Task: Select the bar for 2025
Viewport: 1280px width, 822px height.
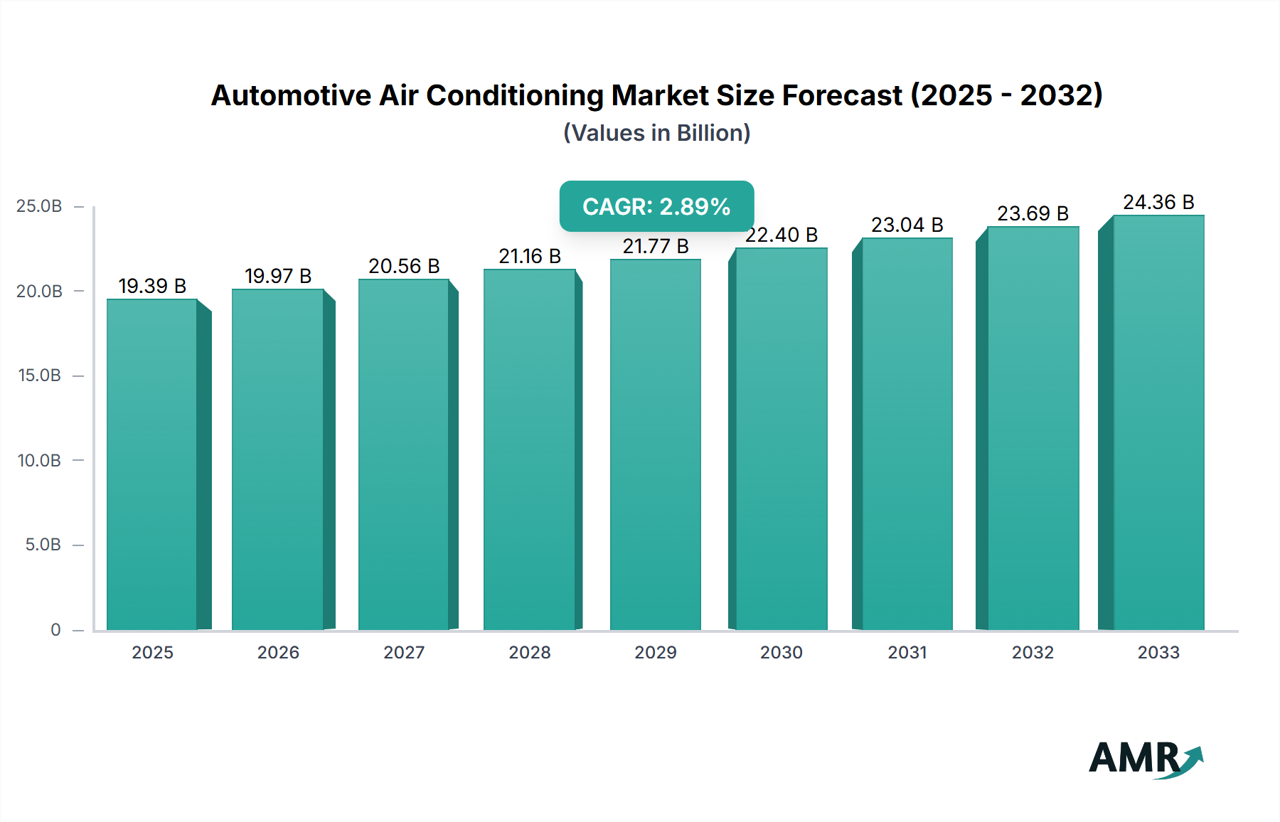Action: click(x=152, y=464)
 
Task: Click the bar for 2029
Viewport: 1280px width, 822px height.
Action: click(x=655, y=444)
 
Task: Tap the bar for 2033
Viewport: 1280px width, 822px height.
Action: click(x=1158, y=422)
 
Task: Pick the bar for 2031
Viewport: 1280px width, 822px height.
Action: click(x=907, y=434)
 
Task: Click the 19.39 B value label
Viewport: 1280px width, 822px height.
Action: click(x=152, y=286)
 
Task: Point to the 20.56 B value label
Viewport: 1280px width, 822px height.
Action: click(x=404, y=266)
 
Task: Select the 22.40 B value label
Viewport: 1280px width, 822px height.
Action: click(x=782, y=235)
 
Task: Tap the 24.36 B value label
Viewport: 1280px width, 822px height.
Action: click(x=1158, y=203)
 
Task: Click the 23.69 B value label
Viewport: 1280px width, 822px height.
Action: click(x=1033, y=213)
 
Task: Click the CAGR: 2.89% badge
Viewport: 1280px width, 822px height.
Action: click(x=656, y=206)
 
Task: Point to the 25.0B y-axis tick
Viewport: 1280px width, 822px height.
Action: click(x=39, y=206)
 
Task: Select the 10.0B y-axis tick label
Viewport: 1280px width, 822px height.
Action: click(x=39, y=460)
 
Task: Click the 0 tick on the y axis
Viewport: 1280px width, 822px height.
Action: click(x=55, y=629)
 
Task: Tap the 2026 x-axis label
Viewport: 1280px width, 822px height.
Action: click(x=278, y=652)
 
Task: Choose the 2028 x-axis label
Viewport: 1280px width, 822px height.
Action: click(x=530, y=652)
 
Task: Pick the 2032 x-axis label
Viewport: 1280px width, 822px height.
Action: click(x=1033, y=652)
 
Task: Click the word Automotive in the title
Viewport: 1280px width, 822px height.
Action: click(x=291, y=95)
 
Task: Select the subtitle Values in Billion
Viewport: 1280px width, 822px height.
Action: click(x=656, y=133)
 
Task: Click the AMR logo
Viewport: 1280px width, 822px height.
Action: click(x=1145, y=758)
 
